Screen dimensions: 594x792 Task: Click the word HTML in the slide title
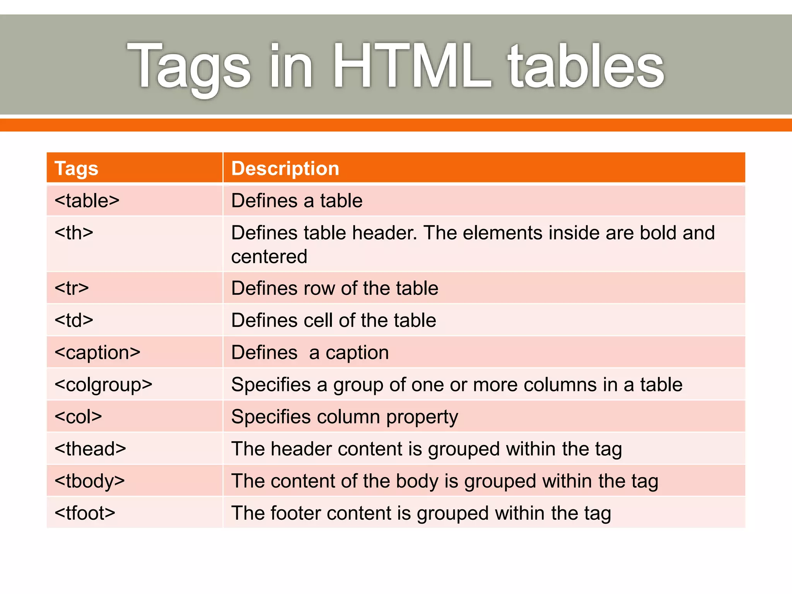pyautogui.click(x=412, y=67)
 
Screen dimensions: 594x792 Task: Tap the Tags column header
pyautogui.click(x=77, y=169)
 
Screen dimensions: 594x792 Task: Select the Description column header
pyautogui.click(x=285, y=169)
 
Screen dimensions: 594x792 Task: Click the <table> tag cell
pyautogui.click(x=87, y=201)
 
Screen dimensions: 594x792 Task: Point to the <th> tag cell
pyautogui.click(x=74, y=233)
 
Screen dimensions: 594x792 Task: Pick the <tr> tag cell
pyautogui.click(x=72, y=288)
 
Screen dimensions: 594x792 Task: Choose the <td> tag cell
pyautogui.click(x=74, y=321)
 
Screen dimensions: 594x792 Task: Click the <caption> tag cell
pyautogui.click(x=97, y=353)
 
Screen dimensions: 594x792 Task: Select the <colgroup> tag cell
pyautogui.click(x=104, y=385)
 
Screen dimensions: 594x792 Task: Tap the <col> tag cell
pyautogui.click(x=78, y=417)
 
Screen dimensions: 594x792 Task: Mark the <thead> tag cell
pyautogui.click(x=90, y=449)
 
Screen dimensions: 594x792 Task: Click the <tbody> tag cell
pyautogui.click(x=90, y=481)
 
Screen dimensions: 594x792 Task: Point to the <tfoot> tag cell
pyautogui.click(x=85, y=513)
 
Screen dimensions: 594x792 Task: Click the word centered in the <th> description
pyautogui.click(x=269, y=257)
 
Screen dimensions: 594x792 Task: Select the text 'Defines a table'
pyautogui.click(x=297, y=201)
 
